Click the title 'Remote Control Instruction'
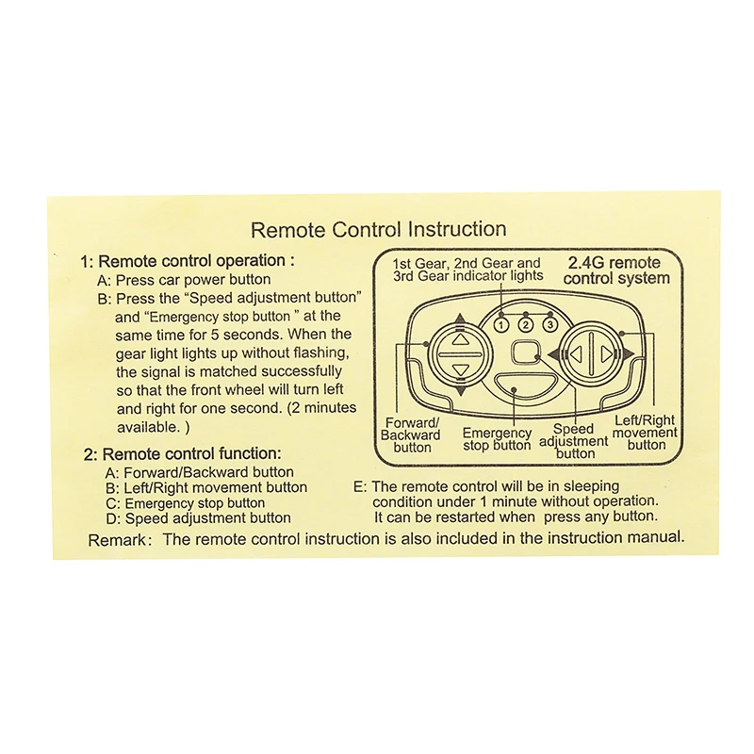tap(379, 229)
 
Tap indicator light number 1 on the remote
tap(501, 325)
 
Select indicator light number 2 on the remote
tap(526, 325)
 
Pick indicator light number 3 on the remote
tap(550, 324)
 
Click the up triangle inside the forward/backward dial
tap(461, 339)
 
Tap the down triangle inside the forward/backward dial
tap(461, 370)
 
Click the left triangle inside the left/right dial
tap(577, 354)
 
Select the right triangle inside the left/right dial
tap(607, 354)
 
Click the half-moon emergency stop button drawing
tap(514, 385)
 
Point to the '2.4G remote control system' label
tap(616, 270)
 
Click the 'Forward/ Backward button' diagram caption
tap(411, 435)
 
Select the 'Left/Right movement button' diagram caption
tap(645, 433)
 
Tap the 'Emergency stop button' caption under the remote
tap(497, 439)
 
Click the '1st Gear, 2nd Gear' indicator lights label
tap(467, 270)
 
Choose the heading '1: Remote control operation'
tap(187, 261)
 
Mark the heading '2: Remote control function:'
tap(182, 453)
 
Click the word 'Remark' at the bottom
tap(117, 540)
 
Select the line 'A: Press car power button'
tap(184, 279)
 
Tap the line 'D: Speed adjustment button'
tap(199, 517)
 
